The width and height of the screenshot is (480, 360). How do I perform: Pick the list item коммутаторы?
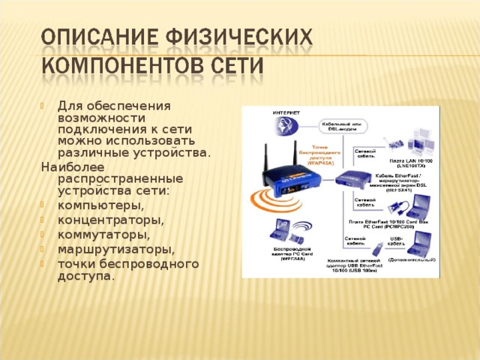click(104, 235)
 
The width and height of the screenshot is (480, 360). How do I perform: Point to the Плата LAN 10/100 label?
click(412, 163)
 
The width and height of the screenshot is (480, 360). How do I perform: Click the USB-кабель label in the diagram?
click(397, 241)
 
